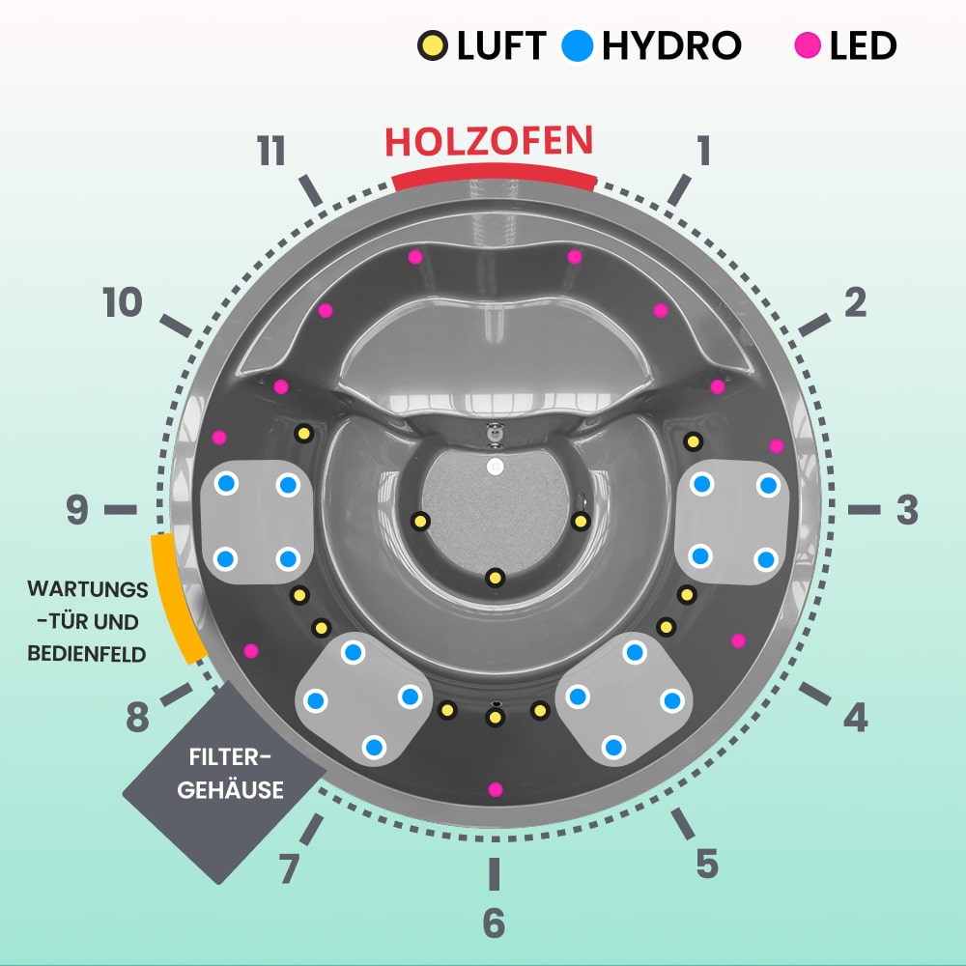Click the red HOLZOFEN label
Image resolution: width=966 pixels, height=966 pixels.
(488, 141)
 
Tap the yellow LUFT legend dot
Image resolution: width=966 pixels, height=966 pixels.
(432, 45)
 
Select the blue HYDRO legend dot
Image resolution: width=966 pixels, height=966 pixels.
(578, 45)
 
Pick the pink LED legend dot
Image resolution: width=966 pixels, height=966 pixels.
(807, 45)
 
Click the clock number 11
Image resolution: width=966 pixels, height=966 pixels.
(271, 153)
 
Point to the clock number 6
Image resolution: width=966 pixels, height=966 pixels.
(494, 923)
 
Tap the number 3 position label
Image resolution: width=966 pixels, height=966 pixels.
(906, 511)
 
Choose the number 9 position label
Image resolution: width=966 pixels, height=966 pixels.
(77, 511)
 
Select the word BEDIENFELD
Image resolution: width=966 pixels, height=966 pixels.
(87, 654)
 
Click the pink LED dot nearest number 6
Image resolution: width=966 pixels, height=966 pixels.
(496, 789)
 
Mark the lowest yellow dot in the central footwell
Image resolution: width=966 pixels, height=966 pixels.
(495, 578)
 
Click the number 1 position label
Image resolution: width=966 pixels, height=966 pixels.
(703, 151)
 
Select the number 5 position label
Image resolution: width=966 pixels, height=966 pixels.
(707, 863)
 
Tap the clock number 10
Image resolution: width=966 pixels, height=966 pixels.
(123, 304)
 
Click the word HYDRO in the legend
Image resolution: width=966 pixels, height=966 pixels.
(671, 45)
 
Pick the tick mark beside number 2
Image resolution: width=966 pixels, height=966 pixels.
(814, 325)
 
